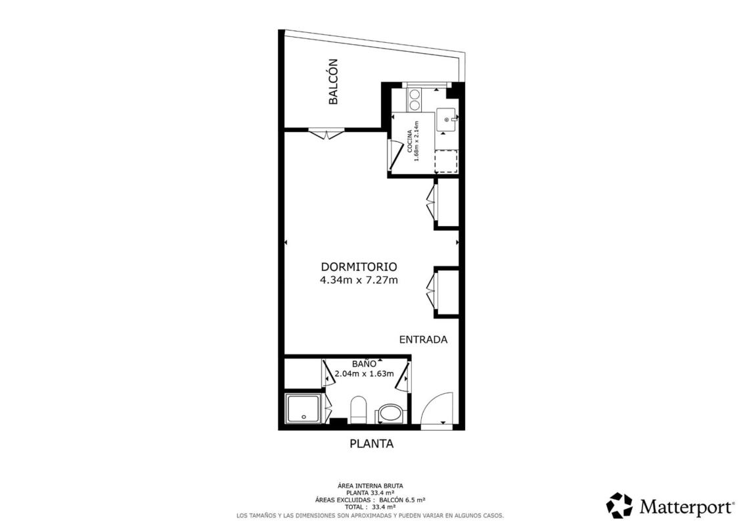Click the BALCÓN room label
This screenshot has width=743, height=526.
(333, 81)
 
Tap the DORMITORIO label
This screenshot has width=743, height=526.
(359, 267)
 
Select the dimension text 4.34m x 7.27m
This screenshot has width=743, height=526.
(359, 280)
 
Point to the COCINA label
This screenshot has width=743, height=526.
(409, 141)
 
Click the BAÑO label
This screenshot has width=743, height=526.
(364, 364)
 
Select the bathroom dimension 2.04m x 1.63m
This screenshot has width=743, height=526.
(364, 373)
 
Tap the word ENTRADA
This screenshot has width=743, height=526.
(423, 340)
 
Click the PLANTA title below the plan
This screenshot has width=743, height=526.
(372, 444)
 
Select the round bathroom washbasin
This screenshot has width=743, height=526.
(390, 414)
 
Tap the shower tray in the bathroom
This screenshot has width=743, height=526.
(304, 409)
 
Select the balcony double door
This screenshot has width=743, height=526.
(326, 133)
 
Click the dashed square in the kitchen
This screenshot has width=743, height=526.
(446, 161)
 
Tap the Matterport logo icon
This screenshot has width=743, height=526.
(619, 506)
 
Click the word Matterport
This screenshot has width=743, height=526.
(686, 506)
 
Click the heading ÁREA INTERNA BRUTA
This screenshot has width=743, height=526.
(371, 486)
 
